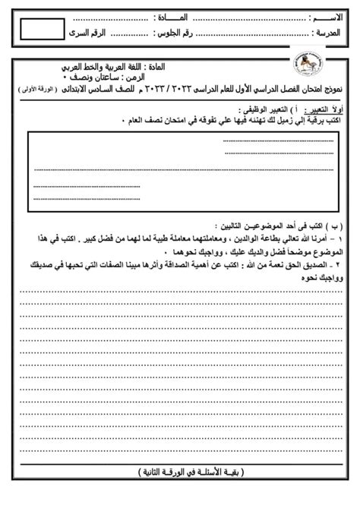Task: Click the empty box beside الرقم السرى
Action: [42, 32]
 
